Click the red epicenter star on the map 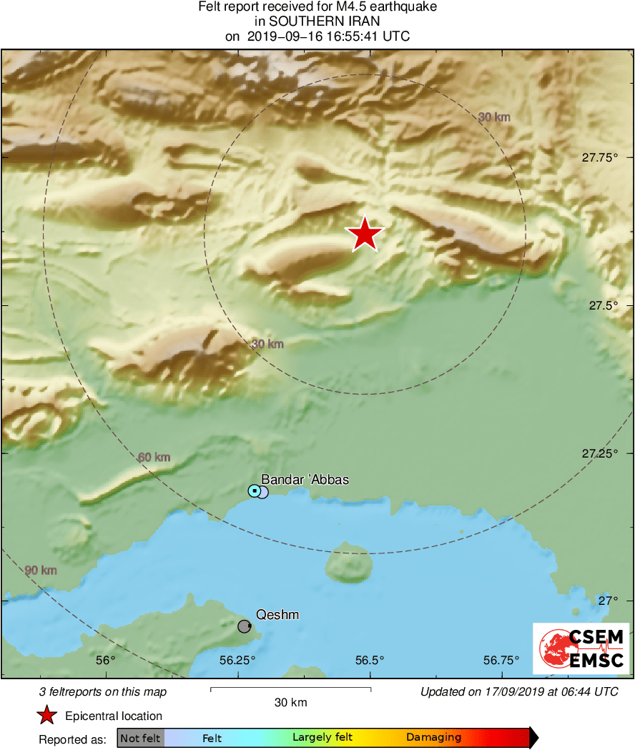(x=365, y=234)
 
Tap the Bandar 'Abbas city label (x=305, y=479)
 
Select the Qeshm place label (x=277, y=615)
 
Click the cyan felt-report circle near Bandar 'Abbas (x=254, y=490)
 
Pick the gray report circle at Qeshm (x=245, y=626)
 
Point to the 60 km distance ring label (x=154, y=457)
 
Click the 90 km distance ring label (x=41, y=571)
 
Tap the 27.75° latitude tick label (x=599, y=157)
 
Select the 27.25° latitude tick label (x=599, y=453)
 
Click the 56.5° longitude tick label (x=370, y=660)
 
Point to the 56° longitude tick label (x=105, y=660)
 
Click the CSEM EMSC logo (x=581, y=648)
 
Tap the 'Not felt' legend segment (x=140, y=738)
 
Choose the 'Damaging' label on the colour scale (x=433, y=738)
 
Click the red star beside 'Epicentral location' (x=47, y=716)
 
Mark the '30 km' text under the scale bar (x=291, y=703)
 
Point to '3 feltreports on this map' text (x=103, y=691)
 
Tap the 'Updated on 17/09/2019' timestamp (x=519, y=691)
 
